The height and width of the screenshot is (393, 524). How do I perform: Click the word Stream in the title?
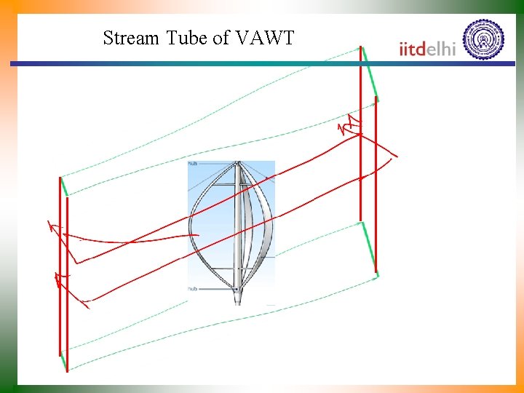[130, 38]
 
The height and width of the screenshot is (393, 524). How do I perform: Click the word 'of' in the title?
[221, 38]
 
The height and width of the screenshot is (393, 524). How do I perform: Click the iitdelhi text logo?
[428, 48]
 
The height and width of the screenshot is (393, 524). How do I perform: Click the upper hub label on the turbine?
[193, 164]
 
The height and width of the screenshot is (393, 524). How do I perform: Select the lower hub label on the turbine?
[193, 289]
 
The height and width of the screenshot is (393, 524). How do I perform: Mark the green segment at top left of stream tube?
[64, 186]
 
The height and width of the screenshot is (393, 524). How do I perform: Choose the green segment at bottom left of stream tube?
[63, 360]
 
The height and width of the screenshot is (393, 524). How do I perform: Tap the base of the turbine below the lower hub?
[237, 297]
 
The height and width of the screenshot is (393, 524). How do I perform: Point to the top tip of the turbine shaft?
[237, 163]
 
